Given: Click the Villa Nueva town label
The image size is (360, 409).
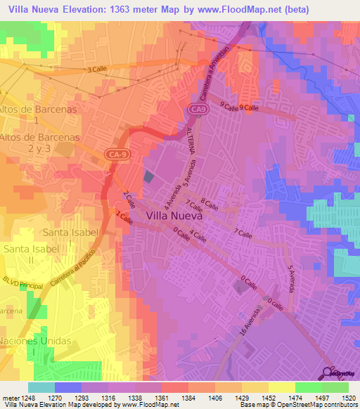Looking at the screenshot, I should (175, 216).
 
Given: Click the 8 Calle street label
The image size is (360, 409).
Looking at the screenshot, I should (209, 204).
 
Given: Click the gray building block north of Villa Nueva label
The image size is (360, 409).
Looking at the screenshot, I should (148, 177).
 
